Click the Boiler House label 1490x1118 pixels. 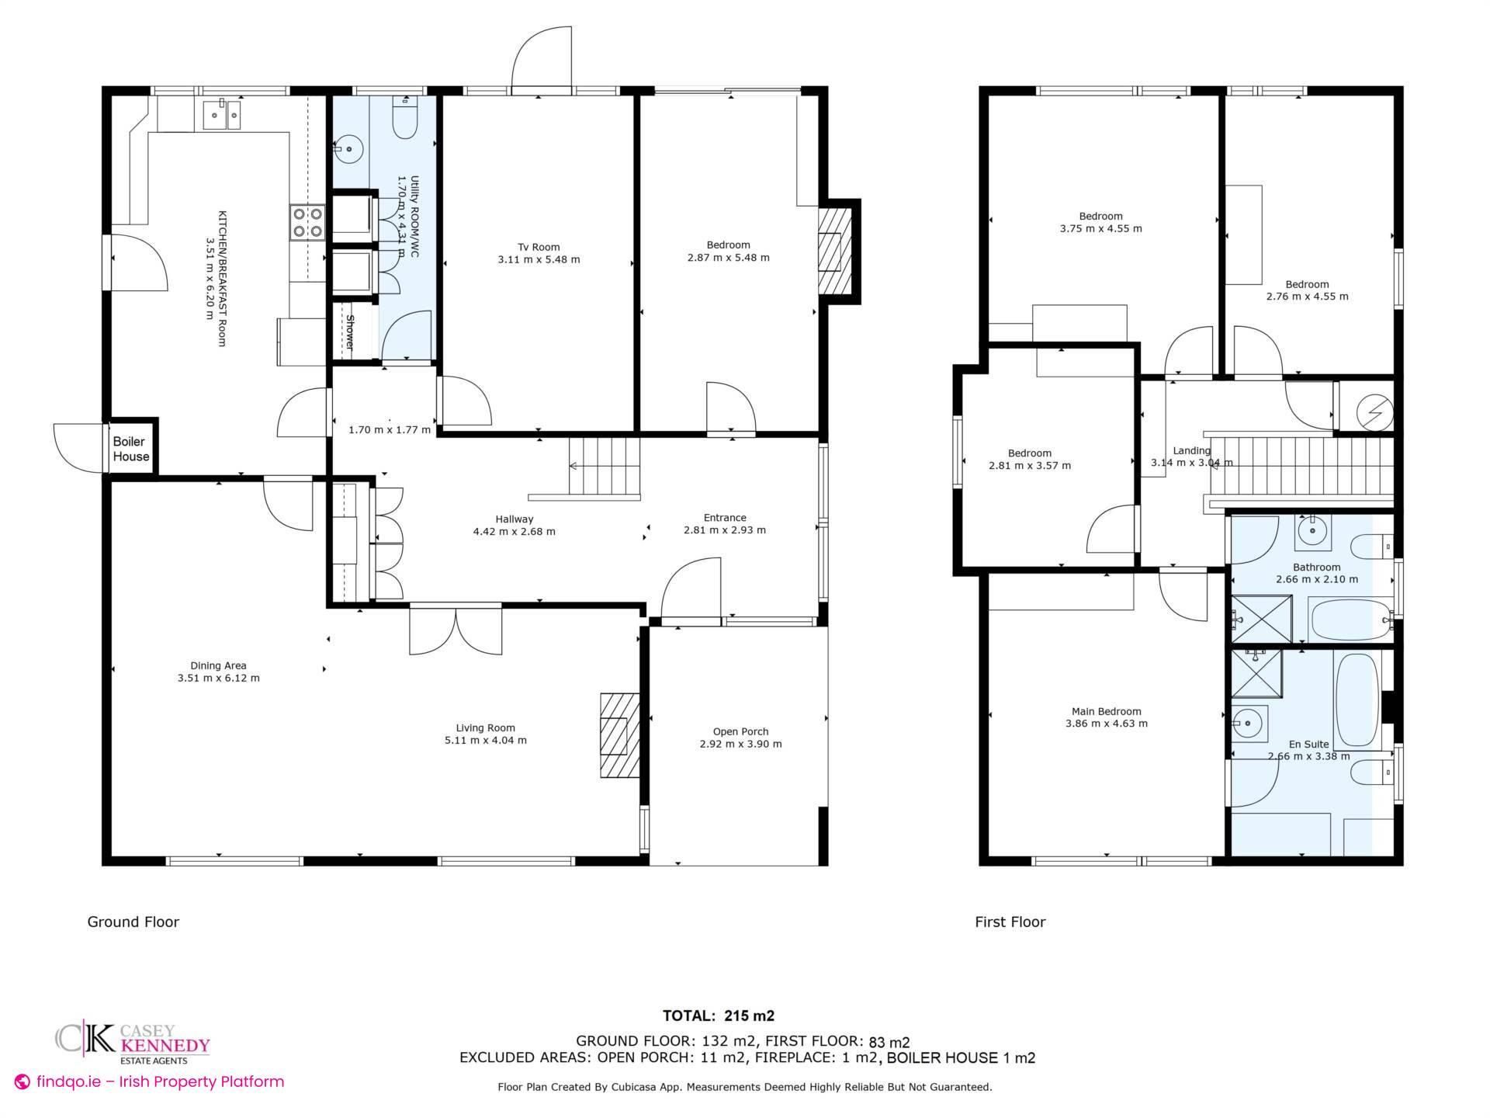click(130, 449)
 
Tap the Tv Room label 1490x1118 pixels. click(539, 248)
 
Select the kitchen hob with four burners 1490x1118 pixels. click(307, 222)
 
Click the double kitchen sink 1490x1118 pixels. click(223, 116)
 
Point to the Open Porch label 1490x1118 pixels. click(740, 731)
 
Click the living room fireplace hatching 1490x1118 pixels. click(619, 734)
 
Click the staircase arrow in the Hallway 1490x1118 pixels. click(575, 466)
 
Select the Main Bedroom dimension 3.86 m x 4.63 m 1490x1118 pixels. click(1106, 724)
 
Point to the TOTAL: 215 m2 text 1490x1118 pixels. click(718, 1016)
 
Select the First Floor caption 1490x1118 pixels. click(1010, 922)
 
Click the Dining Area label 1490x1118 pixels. click(218, 665)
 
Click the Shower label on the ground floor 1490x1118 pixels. click(350, 332)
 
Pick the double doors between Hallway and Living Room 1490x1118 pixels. click(456, 630)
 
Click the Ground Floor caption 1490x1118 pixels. click(133, 922)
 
